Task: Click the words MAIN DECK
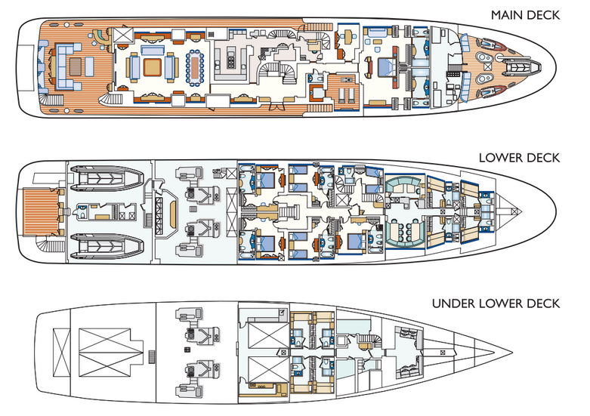(525, 14)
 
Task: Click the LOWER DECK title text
(519, 158)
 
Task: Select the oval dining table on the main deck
(196, 67)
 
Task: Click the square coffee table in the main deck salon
(153, 67)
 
